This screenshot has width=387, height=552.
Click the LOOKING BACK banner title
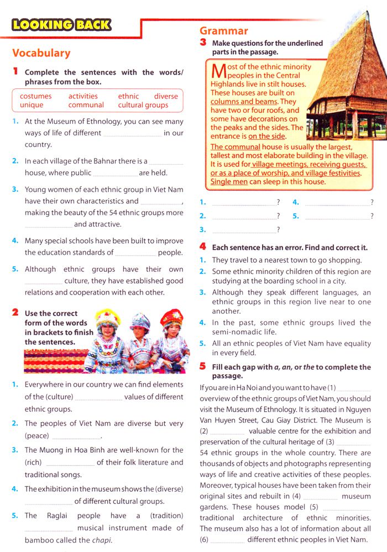(61, 25)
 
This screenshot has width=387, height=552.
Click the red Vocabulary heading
(41, 53)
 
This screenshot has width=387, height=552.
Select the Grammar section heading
(224, 31)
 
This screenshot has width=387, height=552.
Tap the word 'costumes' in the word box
(36, 96)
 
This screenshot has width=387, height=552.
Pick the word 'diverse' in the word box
(166, 96)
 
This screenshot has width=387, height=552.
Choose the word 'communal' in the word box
(86, 105)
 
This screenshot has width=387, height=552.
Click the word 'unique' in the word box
(32, 105)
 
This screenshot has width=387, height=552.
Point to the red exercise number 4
(203, 246)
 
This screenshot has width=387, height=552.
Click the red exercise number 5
(203, 366)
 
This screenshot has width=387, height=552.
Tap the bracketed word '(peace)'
(37, 436)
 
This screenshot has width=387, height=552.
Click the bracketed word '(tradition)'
(166, 516)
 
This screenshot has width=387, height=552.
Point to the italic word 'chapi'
(102, 540)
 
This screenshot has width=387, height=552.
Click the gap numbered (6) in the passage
(227, 540)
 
